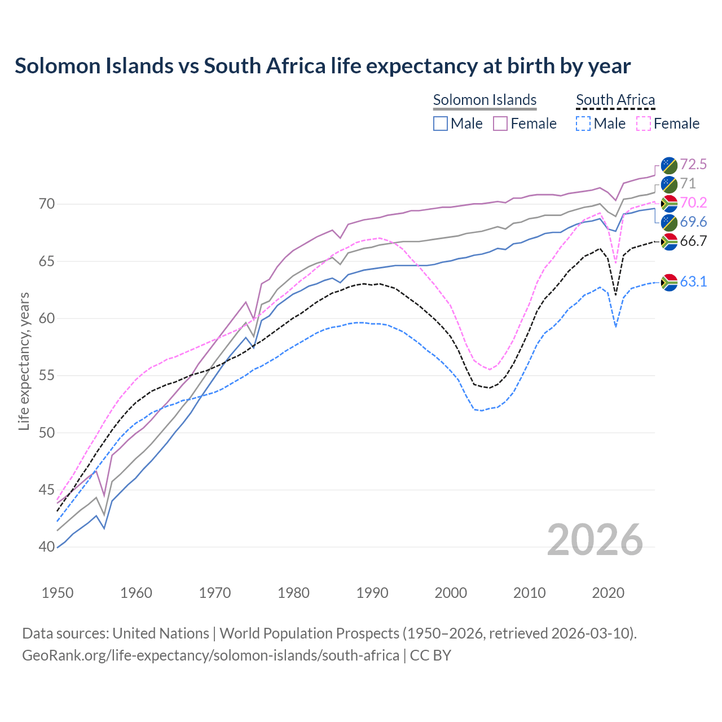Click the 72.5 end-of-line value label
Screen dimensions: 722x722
(x=693, y=164)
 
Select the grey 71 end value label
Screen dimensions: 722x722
(x=688, y=183)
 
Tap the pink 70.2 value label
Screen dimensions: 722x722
(x=693, y=202)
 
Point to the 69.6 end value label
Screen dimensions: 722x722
(x=693, y=222)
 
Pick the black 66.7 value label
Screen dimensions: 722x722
(x=693, y=241)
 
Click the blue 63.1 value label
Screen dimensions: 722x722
(x=693, y=281)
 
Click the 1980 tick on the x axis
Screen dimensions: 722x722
(x=293, y=593)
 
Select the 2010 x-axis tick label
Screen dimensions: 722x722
(x=529, y=593)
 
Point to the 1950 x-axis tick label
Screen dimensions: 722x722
(x=58, y=593)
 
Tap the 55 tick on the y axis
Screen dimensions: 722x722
(x=47, y=376)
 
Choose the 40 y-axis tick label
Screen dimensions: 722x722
(x=47, y=547)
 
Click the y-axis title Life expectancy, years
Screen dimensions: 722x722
(x=24, y=361)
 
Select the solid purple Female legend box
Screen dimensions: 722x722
(x=500, y=124)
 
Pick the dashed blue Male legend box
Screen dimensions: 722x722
(x=583, y=124)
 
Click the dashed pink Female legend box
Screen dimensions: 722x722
(x=644, y=124)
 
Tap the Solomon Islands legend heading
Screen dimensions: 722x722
(x=485, y=100)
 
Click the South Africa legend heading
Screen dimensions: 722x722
(x=615, y=100)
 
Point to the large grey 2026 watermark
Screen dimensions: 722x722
(x=595, y=540)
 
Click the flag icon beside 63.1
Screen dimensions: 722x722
(x=669, y=281)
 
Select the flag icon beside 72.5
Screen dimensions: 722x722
(x=669, y=165)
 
